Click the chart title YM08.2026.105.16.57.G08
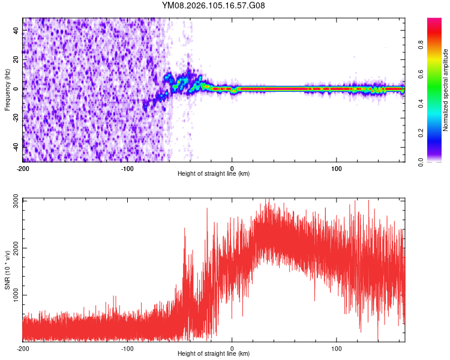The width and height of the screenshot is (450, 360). tap(214, 6)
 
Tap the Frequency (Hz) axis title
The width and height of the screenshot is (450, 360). tap(7, 89)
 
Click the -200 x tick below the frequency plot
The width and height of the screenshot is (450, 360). tap(23, 167)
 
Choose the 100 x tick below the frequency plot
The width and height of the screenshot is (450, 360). tap(337, 167)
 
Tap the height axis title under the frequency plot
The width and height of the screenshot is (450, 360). tap(214, 174)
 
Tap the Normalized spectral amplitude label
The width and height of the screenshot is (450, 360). tap(446, 89)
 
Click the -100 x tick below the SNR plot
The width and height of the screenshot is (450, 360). tap(127, 348)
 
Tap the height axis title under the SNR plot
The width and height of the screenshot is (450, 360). tap(214, 354)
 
